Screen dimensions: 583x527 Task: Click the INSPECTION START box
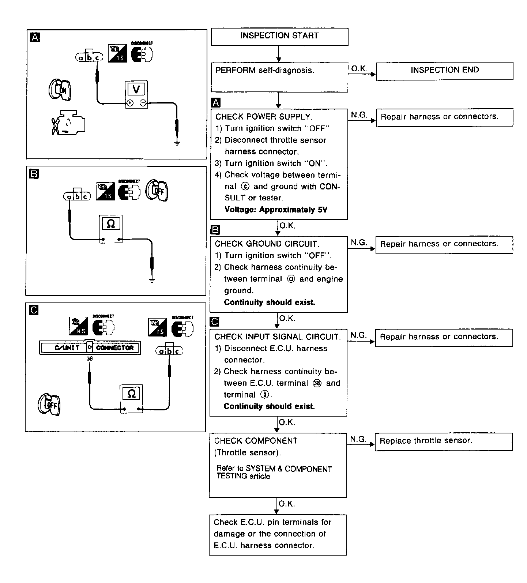point(279,36)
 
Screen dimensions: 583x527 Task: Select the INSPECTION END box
point(444,70)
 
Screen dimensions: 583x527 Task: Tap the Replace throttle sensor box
point(443,441)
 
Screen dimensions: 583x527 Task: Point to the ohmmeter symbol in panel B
point(111,223)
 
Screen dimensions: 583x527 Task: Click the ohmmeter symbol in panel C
point(131,394)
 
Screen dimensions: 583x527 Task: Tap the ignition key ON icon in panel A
point(60,89)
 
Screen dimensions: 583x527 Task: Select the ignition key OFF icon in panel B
point(157,190)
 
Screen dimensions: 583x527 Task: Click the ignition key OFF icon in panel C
point(49,405)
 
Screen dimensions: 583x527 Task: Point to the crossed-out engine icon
point(68,122)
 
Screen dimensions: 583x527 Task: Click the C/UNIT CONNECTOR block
point(90,347)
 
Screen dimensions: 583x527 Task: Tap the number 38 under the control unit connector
point(90,359)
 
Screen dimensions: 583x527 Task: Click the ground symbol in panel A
point(177,143)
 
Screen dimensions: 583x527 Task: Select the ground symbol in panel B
point(152,281)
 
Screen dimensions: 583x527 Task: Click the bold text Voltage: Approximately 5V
point(276,210)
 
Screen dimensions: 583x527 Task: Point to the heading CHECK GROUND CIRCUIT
point(267,244)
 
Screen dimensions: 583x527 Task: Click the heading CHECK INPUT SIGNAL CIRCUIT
point(277,337)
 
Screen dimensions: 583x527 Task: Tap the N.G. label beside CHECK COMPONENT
point(358,440)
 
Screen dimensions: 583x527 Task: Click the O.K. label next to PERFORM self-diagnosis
point(359,69)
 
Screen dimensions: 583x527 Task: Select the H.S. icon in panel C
point(79,326)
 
